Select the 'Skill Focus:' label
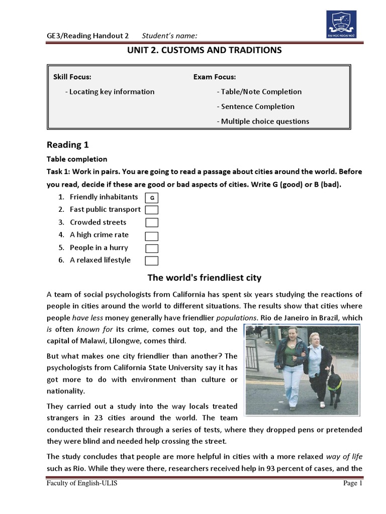tap(72, 77)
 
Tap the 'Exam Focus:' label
tap(215, 77)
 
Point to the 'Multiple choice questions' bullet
tap(263, 121)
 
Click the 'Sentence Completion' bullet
tap(255, 106)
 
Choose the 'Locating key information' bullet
tap(110, 91)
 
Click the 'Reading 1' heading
tap(67, 145)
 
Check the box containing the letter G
tap(152, 198)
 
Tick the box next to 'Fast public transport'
tap(152, 210)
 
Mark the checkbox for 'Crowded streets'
tap(152, 222)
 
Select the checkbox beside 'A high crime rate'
tap(152, 235)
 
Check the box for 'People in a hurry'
tap(152, 248)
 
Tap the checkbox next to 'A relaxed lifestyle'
tap(152, 261)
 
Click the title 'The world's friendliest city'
tap(204, 278)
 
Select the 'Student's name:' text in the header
tap(169, 35)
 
